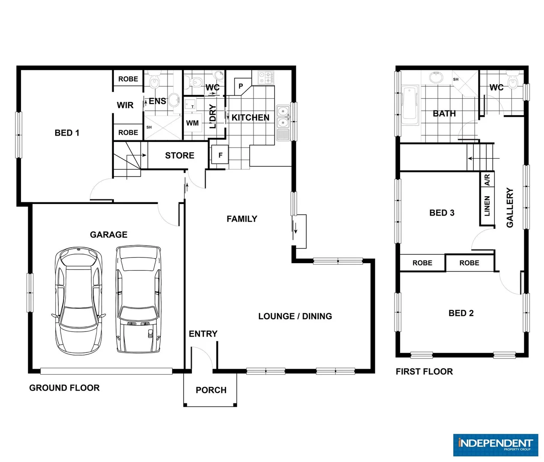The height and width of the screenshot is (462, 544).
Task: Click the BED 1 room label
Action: click(x=67, y=133)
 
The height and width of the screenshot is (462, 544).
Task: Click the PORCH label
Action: click(x=211, y=390)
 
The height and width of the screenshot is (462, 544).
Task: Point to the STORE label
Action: click(x=179, y=156)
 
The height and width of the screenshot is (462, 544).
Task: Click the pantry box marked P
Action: click(x=241, y=86)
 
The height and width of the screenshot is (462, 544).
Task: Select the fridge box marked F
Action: click(x=220, y=155)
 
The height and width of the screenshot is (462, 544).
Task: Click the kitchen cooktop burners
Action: click(x=266, y=77)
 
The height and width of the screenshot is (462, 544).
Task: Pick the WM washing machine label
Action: click(x=192, y=123)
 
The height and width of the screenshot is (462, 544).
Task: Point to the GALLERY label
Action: click(x=510, y=207)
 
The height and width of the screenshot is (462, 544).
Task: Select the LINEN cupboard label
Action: click(x=487, y=206)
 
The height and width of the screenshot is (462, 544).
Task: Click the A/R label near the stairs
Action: click(x=487, y=180)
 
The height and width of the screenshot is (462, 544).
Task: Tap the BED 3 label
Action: click(x=442, y=213)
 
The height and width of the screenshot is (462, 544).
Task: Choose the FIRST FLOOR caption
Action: click(x=424, y=372)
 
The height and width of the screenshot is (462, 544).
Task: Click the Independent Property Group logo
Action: click(x=495, y=445)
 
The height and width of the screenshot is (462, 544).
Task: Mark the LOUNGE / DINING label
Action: click(x=295, y=317)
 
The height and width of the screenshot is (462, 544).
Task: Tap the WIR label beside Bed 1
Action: click(x=125, y=105)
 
